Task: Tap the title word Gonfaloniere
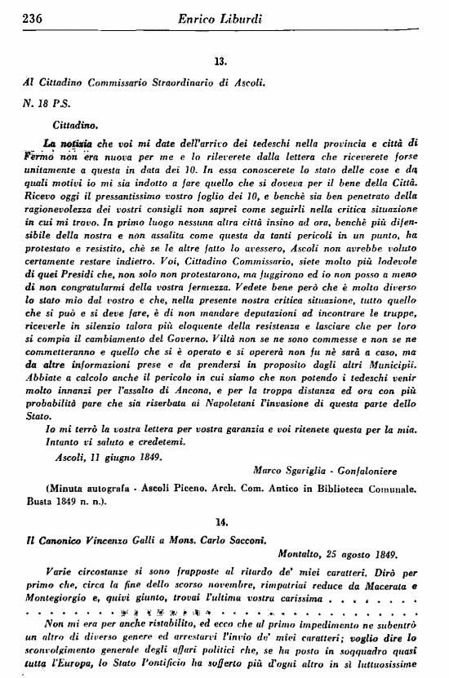(390, 472)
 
